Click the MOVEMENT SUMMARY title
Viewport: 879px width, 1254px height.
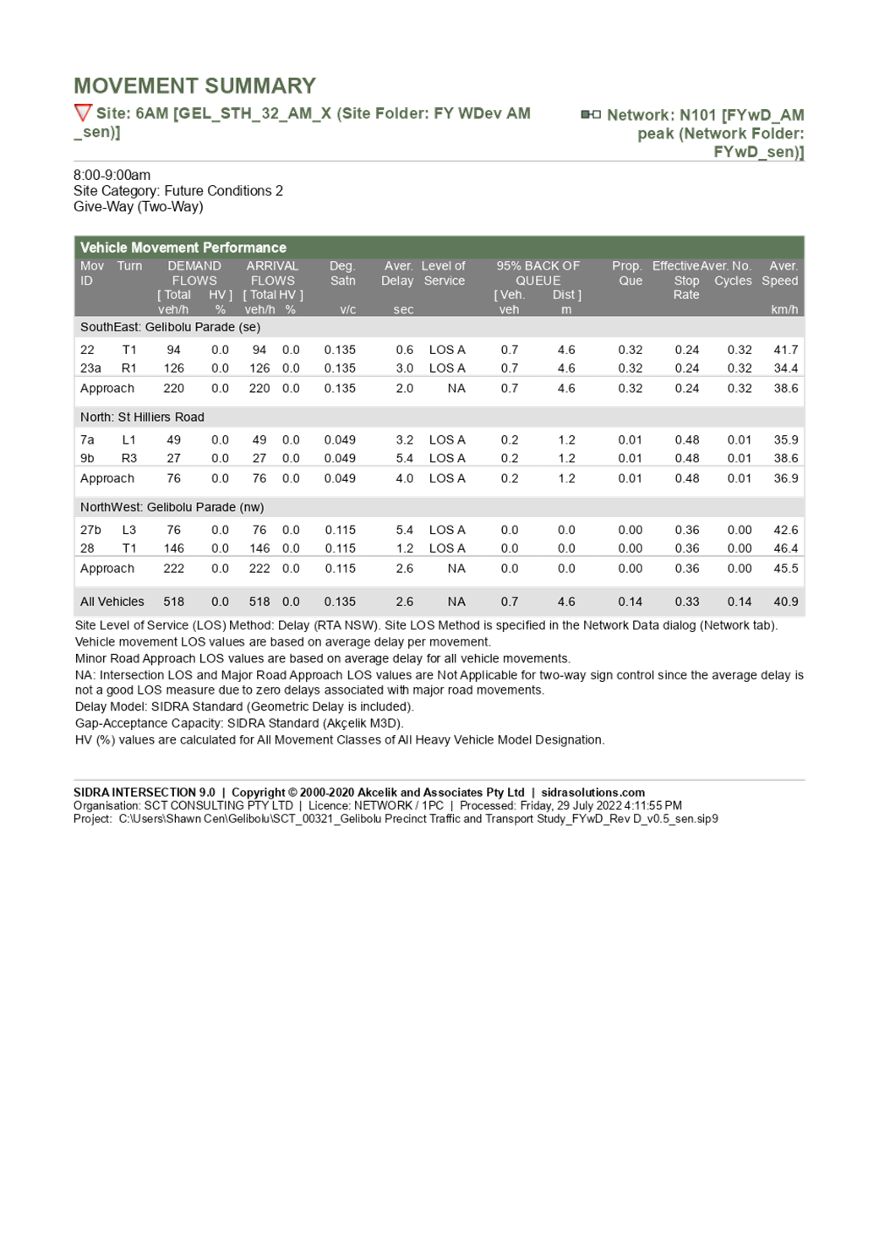pyautogui.click(x=194, y=85)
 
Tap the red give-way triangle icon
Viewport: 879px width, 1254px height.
pyautogui.click(x=82, y=113)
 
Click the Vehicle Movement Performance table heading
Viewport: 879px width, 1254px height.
pyautogui.click(x=183, y=248)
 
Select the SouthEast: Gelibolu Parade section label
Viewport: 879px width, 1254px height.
pyautogui.click(x=170, y=327)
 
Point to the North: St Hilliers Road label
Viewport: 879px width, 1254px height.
pyautogui.click(x=142, y=417)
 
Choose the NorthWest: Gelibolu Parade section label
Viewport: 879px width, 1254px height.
pyautogui.click(x=172, y=507)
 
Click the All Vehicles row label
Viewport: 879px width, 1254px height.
pyautogui.click(x=112, y=602)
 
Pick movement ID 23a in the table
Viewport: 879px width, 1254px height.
pyautogui.click(x=90, y=368)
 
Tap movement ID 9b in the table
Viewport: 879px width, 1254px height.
pyautogui.click(x=87, y=459)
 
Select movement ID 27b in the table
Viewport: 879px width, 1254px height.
pyautogui.click(x=90, y=531)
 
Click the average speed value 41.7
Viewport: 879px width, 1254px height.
pyautogui.click(x=785, y=350)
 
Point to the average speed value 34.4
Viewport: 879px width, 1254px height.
pyautogui.click(x=785, y=368)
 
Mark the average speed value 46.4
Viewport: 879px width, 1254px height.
pyautogui.click(x=785, y=548)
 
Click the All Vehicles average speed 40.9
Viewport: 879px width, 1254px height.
pyautogui.click(x=786, y=602)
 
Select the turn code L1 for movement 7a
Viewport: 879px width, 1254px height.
pyautogui.click(x=128, y=440)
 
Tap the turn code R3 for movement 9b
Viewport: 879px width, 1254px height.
pyautogui.click(x=128, y=459)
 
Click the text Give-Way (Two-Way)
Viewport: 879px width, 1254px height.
pyautogui.click(x=139, y=207)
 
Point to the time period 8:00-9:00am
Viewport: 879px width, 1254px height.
pyautogui.click(x=112, y=175)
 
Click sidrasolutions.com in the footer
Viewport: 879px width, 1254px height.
pyautogui.click(x=592, y=793)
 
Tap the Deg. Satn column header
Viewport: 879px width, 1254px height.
pyautogui.click(x=342, y=273)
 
